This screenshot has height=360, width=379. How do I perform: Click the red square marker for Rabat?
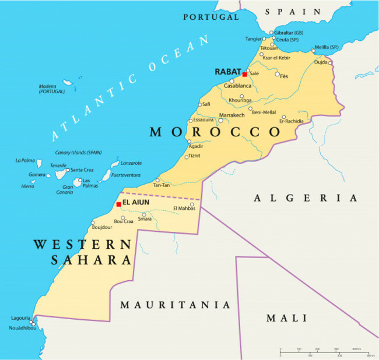click(x=244, y=75)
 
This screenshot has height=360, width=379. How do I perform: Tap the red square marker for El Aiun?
click(x=118, y=204)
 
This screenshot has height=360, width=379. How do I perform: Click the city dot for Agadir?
click(x=188, y=141)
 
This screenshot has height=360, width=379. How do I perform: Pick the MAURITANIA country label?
click(x=174, y=305)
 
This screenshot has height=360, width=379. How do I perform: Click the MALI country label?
click(x=286, y=318)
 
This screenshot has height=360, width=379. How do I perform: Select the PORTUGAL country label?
click(x=211, y=17)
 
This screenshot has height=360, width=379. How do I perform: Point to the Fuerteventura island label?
click(x=126, y=175)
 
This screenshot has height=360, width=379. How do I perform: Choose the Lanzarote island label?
click(x=131, y=163)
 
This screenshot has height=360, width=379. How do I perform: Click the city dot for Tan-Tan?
click(x=157, y=180)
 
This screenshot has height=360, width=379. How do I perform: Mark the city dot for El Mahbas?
click(x=192, y=204)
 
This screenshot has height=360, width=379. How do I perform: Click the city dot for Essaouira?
click(x=189, y=121)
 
